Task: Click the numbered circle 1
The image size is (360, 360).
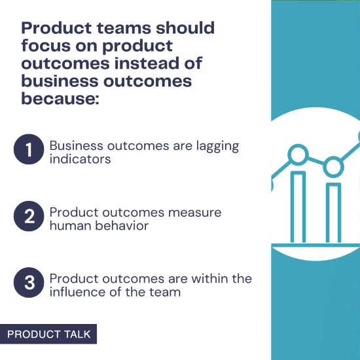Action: tap(28, 150)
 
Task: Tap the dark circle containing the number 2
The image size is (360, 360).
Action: tap(28, 217)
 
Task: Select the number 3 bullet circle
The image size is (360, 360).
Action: tap(28, 283)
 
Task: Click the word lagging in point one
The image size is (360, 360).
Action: tap(216, 145)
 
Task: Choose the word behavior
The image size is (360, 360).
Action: tap(124, 226)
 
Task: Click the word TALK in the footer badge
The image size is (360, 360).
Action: tap(75, 334)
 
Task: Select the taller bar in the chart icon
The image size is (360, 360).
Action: tap(298, 206)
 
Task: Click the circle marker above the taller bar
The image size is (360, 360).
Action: tap(298, 155)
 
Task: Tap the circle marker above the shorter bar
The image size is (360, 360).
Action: tap(334, 167)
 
